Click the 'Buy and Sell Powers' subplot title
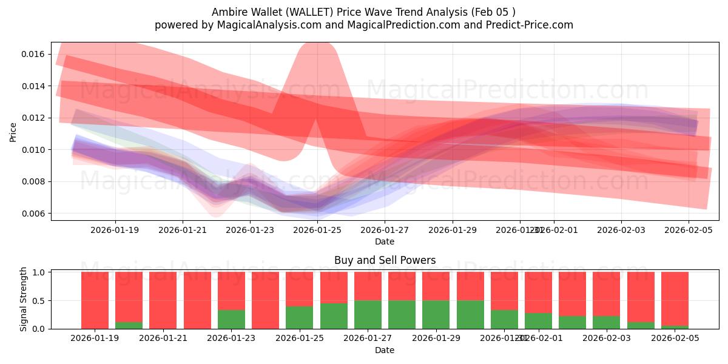385,260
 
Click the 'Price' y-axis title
13,132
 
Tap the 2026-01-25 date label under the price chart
317,230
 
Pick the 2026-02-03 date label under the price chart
621,230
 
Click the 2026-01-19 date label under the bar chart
95,339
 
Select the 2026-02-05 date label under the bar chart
675,339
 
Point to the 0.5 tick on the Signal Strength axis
38,300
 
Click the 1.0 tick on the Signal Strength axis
38,272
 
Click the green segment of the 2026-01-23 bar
231,319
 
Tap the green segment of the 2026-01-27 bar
368,314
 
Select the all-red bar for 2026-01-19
95,300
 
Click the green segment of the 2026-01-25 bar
300,317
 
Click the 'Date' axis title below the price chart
385,241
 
